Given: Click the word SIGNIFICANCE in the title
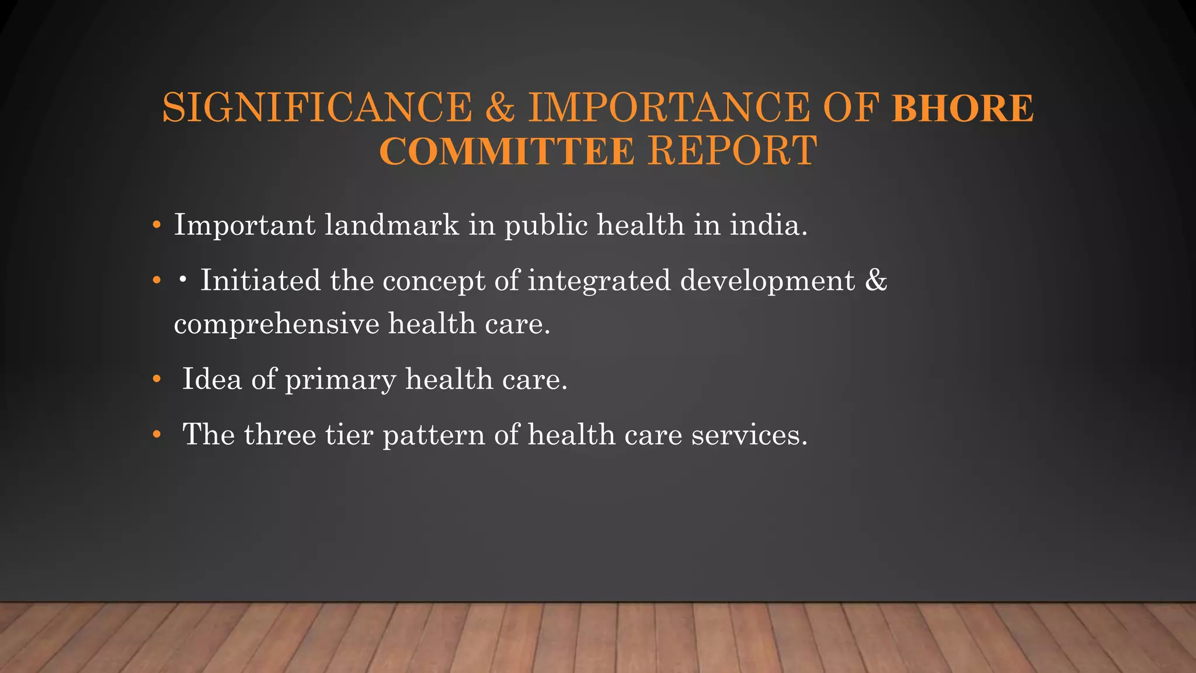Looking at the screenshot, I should tap(317, 108).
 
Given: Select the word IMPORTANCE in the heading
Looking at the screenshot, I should tap(669, 108).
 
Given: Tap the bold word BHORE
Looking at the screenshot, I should tap(963, 108).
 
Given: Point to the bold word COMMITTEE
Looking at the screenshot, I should tap(507, 151).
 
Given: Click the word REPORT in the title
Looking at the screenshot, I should tap(732, 151).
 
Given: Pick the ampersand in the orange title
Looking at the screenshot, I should tap(500, 108).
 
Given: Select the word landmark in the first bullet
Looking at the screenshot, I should tap(392, 225).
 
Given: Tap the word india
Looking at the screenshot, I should tap(769, 225).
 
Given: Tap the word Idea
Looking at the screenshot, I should tap(212, 379).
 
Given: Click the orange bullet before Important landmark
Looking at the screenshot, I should tap(156, 226).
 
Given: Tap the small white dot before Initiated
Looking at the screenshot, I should tap(183, 281).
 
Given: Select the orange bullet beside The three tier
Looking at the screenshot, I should tap(156, 435).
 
